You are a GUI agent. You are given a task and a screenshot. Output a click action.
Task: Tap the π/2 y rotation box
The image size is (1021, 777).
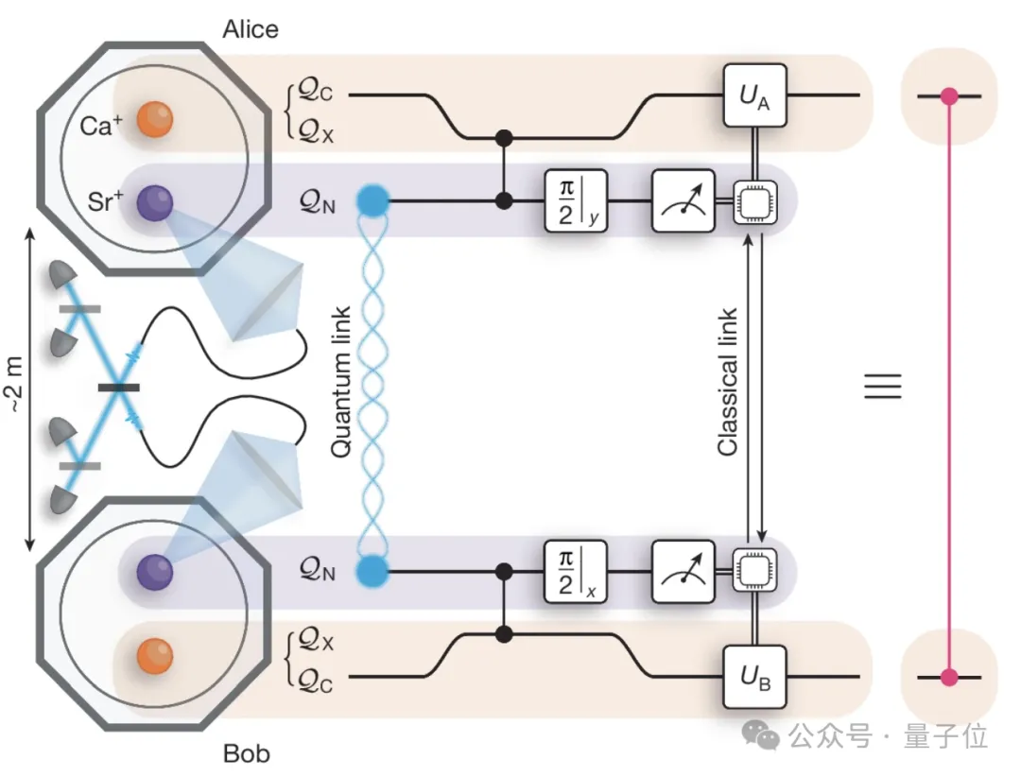pyautogui.click(x=577, y=200)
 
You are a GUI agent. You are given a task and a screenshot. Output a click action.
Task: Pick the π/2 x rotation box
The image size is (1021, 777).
pyautogui.click(x=577, y=571)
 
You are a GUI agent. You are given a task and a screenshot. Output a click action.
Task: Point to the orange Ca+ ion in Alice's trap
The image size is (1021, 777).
pyautogui.click(x=153, y=121)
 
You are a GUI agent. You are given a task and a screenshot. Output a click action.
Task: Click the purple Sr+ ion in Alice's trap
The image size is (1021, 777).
pyautogui.click(x=153, y=202)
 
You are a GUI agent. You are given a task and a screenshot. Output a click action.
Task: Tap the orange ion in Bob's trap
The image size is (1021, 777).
pyautogui.click(x=153, y=656)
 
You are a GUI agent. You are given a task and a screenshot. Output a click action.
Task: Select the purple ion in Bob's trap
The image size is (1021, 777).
pyautogui.click(x=153, y=571)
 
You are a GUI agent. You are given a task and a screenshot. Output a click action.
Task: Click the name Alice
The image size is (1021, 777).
pyautogui.click(x=251, y=29)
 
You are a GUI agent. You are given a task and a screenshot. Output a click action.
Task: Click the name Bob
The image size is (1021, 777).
pyautogui.click(x=246, y=753)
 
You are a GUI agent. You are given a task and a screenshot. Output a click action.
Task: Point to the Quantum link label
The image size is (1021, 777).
pyautogui.click(x=341, y=382)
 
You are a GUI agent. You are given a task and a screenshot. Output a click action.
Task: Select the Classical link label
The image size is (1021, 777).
pyautogui.click(x=728, y=382)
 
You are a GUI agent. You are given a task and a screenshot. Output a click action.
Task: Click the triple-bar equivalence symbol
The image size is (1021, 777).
pyautogui.click(x=883, y=386)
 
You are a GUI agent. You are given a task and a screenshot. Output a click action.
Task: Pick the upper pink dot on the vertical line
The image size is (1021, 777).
pyautogui.click(x=949, y=95)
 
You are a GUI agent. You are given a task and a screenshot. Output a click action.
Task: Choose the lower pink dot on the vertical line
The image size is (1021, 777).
pyautogui.click(x=949, y=677)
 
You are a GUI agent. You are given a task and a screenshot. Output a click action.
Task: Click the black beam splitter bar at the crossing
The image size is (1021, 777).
pyautogui.click(x=118, y=387)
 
